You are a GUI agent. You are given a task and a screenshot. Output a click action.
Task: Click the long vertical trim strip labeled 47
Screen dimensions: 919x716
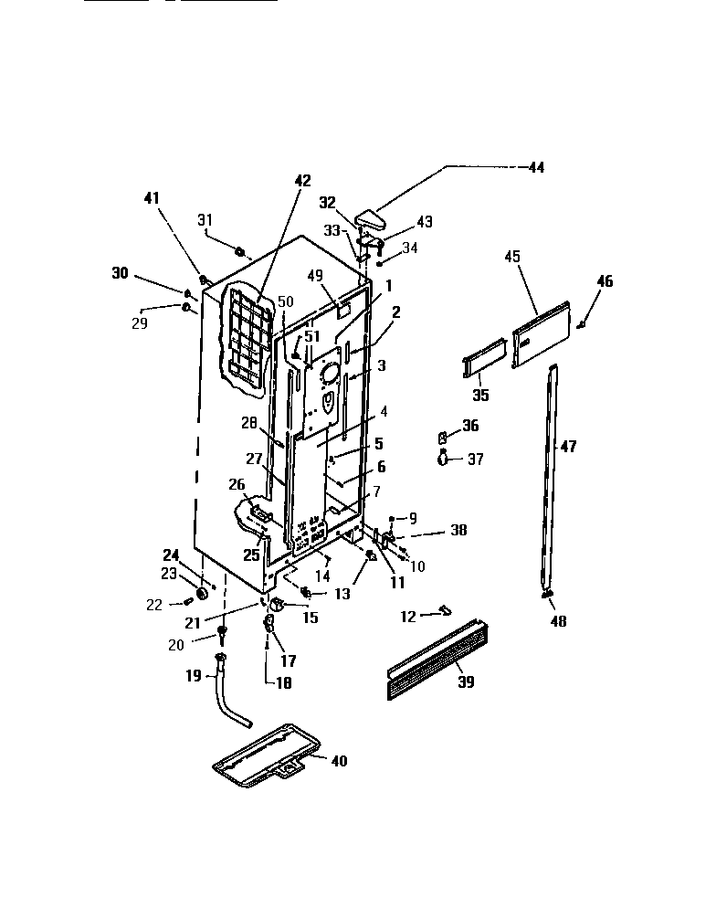(551, 475)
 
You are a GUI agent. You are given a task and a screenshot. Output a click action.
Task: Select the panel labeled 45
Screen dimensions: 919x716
(541, 335)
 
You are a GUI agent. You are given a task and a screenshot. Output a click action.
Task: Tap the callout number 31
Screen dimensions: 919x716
(205, 219)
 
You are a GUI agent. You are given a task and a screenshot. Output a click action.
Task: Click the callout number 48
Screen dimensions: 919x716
(558, 622)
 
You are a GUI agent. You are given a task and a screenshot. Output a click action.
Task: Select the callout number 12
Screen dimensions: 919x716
(407, 617)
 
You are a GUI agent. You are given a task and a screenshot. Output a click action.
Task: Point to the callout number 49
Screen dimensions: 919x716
(316, 275)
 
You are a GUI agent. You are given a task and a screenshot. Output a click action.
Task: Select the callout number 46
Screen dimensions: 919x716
(606, 280)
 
